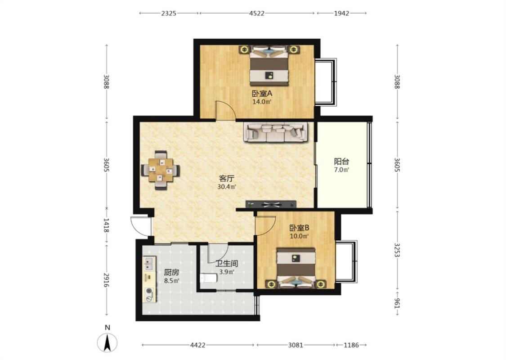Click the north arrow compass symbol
pos(107,342)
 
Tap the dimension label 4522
pos(257,13)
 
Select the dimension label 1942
pos(341,13)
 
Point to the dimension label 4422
pos(197,345)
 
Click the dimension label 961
pos(397,303)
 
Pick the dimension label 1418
pos(106,225)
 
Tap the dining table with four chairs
pos(161,170)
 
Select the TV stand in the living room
pos(271,204)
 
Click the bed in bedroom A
pos(269,66)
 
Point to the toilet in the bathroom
pos(208,278)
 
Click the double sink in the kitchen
pos(149,263)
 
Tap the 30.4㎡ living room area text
pos(227,187)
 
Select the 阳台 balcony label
pos(341,161)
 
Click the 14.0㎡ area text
pos(262,102)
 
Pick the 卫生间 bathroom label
pos(227,264)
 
